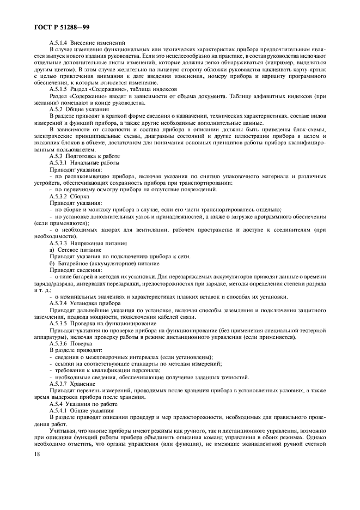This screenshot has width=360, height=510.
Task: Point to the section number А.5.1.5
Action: coord(58,89)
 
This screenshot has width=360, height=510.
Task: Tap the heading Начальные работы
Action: coord(97,162)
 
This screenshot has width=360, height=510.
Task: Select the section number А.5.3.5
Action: coord(58,323)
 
